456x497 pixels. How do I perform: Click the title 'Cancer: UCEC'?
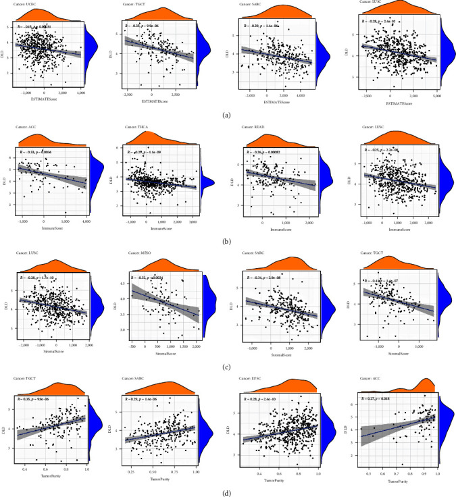coord(28,5)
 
